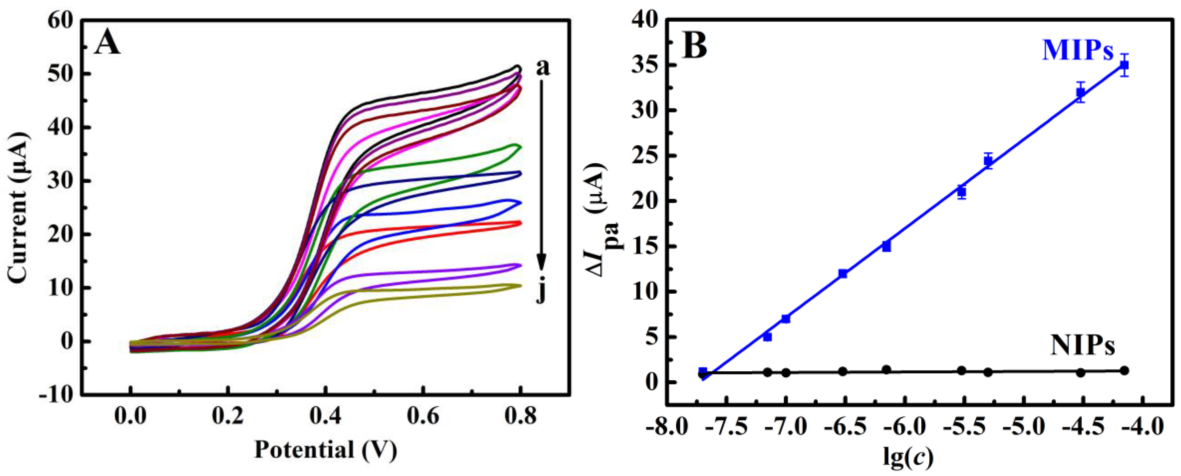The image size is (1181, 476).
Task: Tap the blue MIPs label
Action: pos(1078,50)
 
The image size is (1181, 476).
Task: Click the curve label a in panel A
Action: pos(542,67)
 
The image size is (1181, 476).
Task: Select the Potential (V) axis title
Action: pos(325,449)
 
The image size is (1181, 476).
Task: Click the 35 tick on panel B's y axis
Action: pos(644,66)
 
